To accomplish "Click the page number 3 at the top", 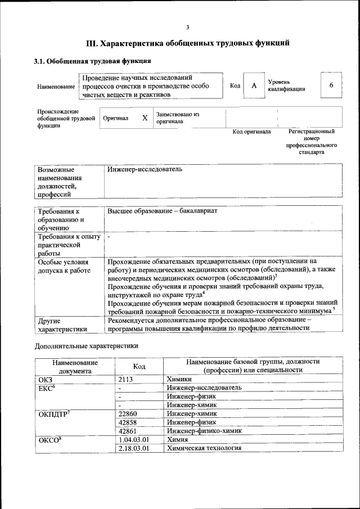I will (187, 28).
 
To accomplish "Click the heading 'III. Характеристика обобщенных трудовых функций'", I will (187, 43).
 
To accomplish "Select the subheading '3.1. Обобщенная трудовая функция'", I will (92, 61).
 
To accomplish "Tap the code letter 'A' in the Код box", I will (254, 85).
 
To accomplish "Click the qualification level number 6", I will (331, 85).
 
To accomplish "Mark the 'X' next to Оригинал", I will (145, 118).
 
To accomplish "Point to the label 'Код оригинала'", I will (251, 132).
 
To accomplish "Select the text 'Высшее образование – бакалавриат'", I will (163, 211).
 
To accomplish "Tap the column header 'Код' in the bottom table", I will (139, 367).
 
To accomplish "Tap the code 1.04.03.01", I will (134, 439).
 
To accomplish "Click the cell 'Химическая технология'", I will (204, 448).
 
